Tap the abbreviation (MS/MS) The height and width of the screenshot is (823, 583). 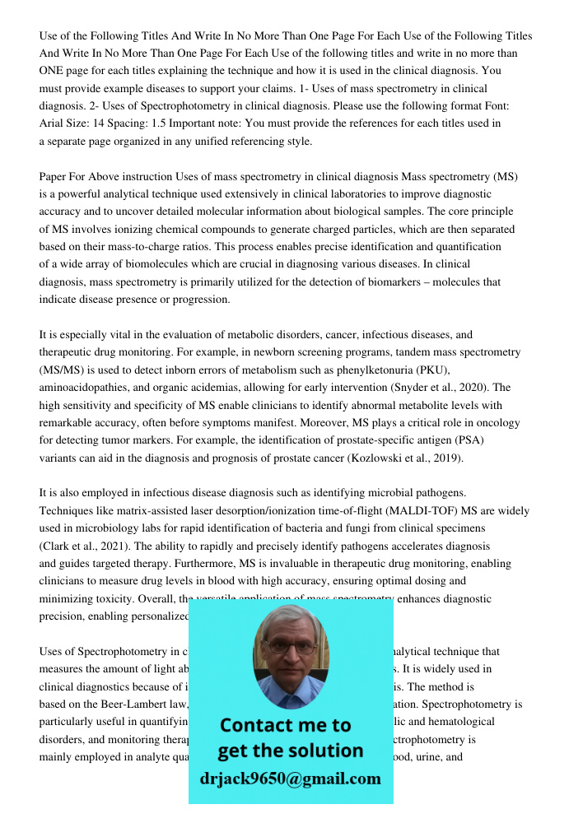(63, 370)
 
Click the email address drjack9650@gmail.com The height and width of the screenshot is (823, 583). (290, 778)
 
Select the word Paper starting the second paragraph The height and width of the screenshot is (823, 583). (54, 177)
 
